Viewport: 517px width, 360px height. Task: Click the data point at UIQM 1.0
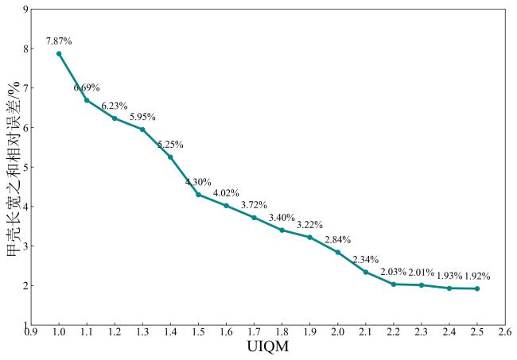[59, 53]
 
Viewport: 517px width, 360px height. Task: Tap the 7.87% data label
[59, 41]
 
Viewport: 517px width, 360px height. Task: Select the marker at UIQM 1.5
[198, 194]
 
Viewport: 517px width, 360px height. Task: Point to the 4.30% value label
[198, 182]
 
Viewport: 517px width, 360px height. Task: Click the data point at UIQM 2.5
[477, 288]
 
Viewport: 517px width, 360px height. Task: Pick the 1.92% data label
[477, 277]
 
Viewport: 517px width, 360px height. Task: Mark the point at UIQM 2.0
[337, 252]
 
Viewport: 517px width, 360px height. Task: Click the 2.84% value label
[337, 240]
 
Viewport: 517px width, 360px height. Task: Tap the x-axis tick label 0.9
[31, 333]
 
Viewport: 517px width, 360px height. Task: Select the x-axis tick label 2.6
[505, 333]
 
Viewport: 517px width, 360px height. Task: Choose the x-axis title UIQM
[268, 348]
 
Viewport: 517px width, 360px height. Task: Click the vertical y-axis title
[11, 167]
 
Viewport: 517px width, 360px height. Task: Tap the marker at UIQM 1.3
[142, 129]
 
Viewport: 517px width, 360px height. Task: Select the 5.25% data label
[170, 145]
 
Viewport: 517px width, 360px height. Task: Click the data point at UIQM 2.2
[394, 284]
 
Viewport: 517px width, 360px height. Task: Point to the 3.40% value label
[282, 218]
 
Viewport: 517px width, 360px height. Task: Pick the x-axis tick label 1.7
[254, 333]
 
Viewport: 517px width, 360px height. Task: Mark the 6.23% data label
[115, 106]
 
